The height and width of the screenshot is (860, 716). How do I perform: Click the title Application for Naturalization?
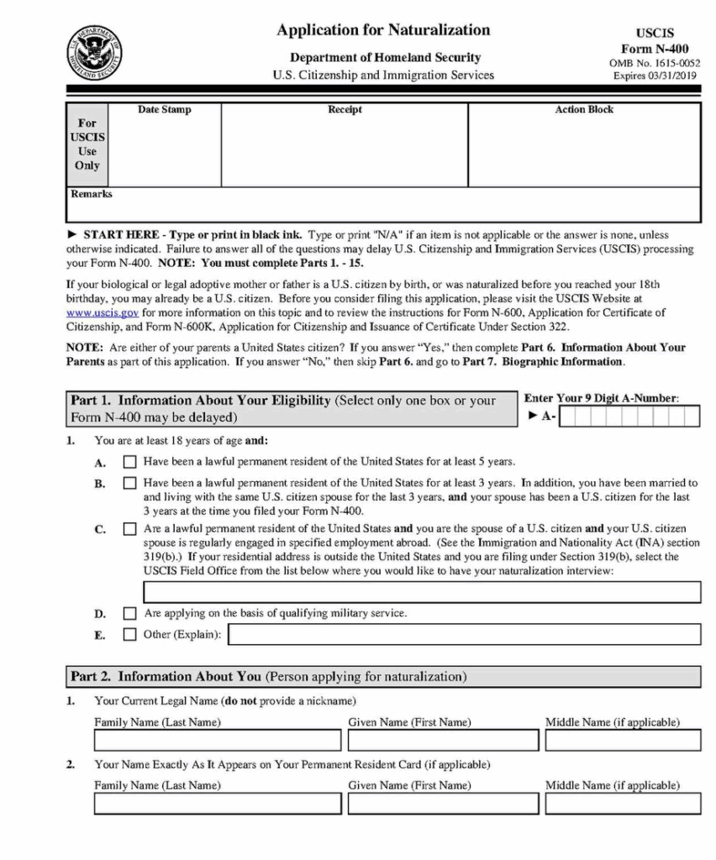click(383, 30)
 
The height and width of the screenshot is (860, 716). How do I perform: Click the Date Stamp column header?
click(164, 110)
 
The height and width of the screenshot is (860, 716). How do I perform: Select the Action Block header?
click(584, 110)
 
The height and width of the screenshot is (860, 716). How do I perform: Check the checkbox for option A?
click(129, 462)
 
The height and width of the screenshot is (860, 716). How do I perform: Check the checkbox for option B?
click(129, 483)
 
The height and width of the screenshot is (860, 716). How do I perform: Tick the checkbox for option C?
click(129, 530)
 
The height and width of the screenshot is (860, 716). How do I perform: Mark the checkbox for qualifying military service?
click(129, 614)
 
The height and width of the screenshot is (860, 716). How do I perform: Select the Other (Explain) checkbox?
click(129, 635)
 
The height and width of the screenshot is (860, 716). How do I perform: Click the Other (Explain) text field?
click(464, 635)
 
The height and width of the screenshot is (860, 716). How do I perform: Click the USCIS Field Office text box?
click(422, 592)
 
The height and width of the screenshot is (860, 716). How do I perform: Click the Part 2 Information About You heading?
click(268, 676)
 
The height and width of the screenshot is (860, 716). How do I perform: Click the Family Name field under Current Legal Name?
click(218, 740)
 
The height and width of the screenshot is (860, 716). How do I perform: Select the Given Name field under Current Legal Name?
click(443, 740)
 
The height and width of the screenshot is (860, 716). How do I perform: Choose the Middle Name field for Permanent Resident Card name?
click(622, 804)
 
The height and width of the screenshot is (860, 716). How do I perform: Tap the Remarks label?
click(92, 194)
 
